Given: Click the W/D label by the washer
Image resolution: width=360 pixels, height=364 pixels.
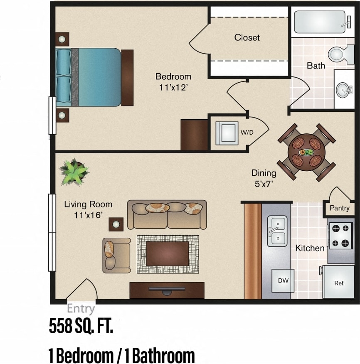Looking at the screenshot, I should point(247,133).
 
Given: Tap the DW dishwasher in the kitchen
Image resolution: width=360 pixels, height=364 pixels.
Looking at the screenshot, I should point(283,280).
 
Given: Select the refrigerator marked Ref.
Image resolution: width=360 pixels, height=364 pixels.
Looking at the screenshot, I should point(339,283).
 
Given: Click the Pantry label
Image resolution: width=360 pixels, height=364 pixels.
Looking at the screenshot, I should point(339,208).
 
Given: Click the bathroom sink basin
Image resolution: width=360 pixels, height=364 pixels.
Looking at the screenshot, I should point(344,89).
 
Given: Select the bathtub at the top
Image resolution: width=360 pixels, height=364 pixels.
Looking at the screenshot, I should point(320,22).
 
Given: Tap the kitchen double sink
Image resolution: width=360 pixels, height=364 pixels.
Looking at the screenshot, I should point(277,231).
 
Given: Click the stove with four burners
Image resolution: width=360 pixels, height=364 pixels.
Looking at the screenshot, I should point(340,236).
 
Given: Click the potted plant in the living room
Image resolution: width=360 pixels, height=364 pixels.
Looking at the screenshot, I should point(74,171).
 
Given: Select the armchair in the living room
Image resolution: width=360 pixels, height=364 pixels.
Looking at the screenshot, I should point(116,255).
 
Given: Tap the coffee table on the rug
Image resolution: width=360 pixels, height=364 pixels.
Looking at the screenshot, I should point(167,253).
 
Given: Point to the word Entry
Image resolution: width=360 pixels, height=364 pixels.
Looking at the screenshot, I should point(81,309).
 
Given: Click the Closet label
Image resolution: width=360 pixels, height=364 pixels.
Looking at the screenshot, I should point(247,37).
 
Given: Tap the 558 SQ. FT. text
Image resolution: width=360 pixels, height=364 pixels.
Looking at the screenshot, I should point(81,327).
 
